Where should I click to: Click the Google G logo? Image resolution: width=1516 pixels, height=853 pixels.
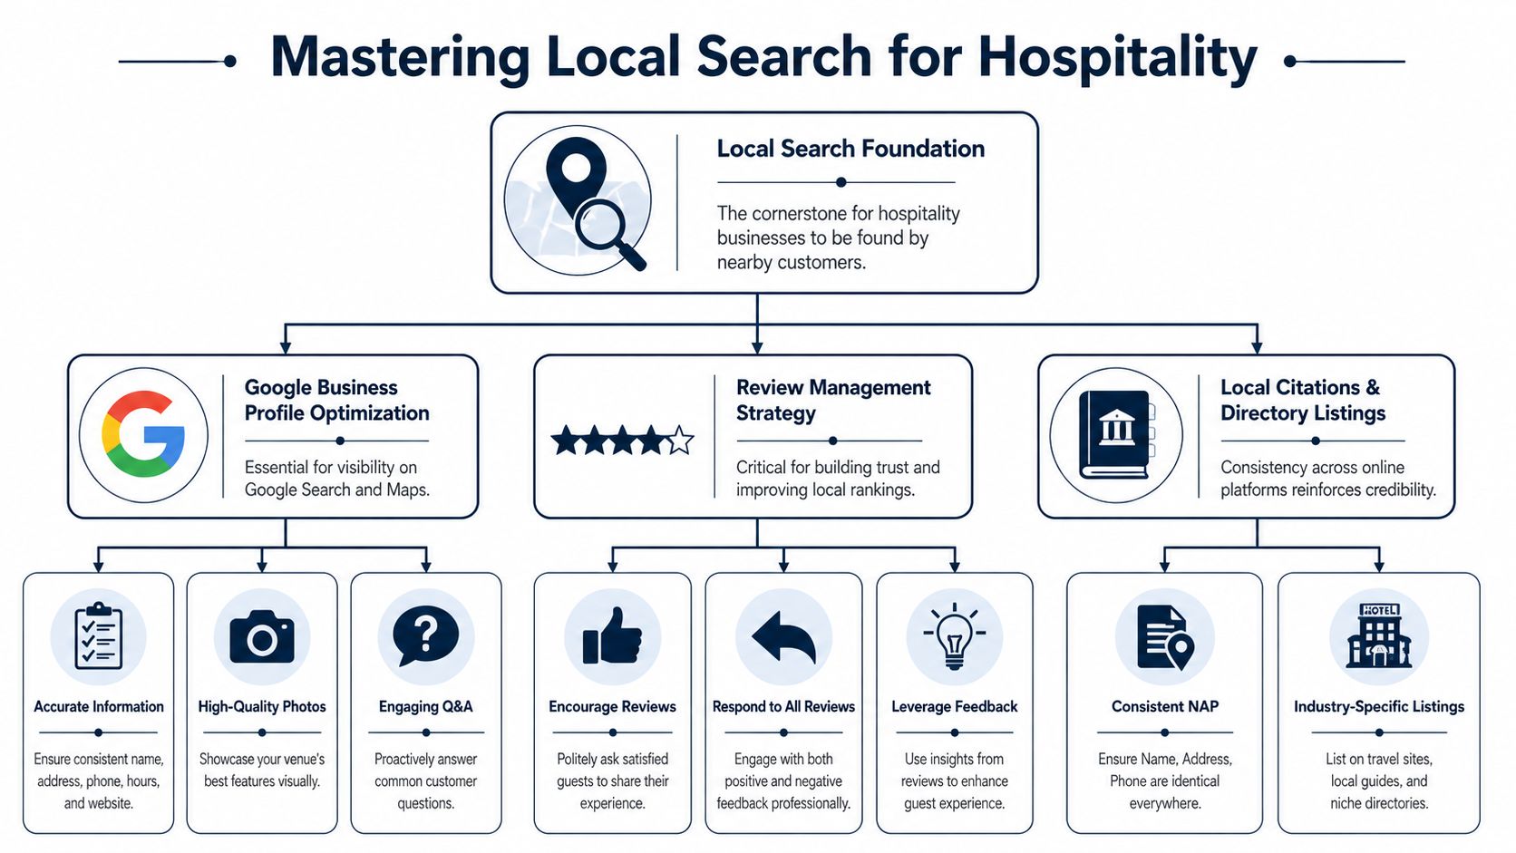(143, 434)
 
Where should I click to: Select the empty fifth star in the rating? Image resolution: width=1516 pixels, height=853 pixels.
(680, 441)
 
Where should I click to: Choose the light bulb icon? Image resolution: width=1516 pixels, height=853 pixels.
(954, 635)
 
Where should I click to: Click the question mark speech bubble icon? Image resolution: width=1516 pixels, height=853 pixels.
(425, 634)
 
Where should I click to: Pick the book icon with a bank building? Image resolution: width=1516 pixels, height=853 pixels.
(1115, 434)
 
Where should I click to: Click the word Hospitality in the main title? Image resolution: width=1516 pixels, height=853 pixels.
(1117, 57)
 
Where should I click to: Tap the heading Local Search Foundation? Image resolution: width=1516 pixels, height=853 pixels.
(850, 149)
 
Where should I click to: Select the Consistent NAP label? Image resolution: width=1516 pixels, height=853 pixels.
(1164, 706)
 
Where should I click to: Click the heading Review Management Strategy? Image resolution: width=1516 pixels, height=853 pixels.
(832, 400)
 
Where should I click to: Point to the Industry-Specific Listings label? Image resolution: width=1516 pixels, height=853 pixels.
(1378, 706)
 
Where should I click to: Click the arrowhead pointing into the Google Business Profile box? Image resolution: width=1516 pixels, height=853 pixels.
(286, 347)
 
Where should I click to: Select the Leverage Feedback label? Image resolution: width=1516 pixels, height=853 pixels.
(954, 706)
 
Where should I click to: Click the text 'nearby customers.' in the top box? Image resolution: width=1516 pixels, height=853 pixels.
(791, 263)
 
